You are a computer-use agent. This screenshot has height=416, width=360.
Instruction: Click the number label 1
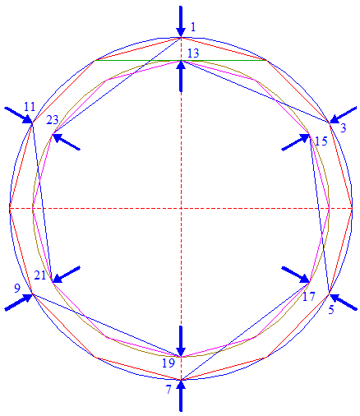[x=193, y=27]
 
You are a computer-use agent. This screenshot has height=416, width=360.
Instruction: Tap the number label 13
[x=193, y=53]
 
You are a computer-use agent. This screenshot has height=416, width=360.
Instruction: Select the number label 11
[x=30, y=107]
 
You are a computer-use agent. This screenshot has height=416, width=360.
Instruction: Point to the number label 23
[x=53, y=120]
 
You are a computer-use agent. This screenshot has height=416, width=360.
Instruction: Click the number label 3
[x=343, y=128]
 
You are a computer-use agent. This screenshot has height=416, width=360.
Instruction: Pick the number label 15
[x=321, y=141]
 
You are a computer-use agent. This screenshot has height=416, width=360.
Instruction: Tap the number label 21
[x=40, y=275]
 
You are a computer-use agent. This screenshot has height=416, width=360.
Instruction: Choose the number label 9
[x=17, y=288]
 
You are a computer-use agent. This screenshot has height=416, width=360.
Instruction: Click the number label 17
[x=308, y=297]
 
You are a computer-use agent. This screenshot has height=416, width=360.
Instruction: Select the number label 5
[x=331, y=310]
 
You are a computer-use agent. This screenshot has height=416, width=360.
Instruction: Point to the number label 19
[x=168, y=363]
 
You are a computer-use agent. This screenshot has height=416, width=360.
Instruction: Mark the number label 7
[x=168, y=390]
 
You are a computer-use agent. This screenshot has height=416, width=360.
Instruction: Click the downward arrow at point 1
[x=181, y=21]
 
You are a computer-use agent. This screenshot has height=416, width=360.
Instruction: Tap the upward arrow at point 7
[x=181, y=395]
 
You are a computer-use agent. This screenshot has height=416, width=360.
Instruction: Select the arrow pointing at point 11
[x=19, y=115]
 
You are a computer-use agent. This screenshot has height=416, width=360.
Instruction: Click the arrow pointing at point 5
[x=343, y=302]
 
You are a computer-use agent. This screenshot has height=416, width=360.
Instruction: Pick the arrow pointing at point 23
[x=66, y=141]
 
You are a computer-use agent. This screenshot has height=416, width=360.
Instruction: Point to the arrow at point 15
[x=296, y=142]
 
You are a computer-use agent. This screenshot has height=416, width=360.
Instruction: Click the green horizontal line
[x=180, y=60]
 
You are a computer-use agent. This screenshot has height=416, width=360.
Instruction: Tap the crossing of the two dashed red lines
[x=181, y=209]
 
